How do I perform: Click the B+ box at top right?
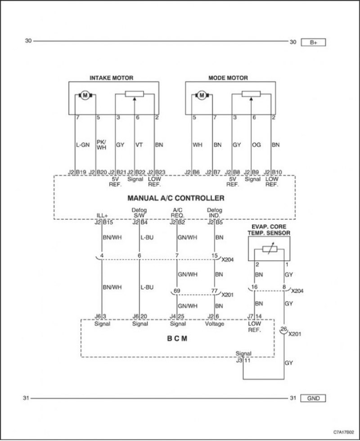pos(313,42)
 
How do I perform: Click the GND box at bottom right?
pos(313,398)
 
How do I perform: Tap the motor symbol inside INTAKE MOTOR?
pos(85,95)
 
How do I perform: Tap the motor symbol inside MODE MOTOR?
pos(202,95)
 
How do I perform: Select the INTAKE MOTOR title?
pos(111,78)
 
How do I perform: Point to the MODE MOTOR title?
pos(228,78)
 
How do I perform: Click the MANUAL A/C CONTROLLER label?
pos(176,198)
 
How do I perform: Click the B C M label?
pos(177,338)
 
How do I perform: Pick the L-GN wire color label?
pos(83,145)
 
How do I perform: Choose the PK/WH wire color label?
pos(101,145)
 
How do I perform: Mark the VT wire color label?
pos(139,145)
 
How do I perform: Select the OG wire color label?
pos(256,145)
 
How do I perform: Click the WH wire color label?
pos(197,145)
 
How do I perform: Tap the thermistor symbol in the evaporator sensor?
pos(269,249)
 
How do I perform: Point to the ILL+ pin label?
pos(102,216)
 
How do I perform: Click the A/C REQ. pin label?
pos(178,213)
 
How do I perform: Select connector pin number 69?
pos(177,291)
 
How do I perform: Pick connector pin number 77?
pos(215,291)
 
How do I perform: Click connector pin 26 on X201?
pos(284,329)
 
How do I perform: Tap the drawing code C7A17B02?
pos(344,432)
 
